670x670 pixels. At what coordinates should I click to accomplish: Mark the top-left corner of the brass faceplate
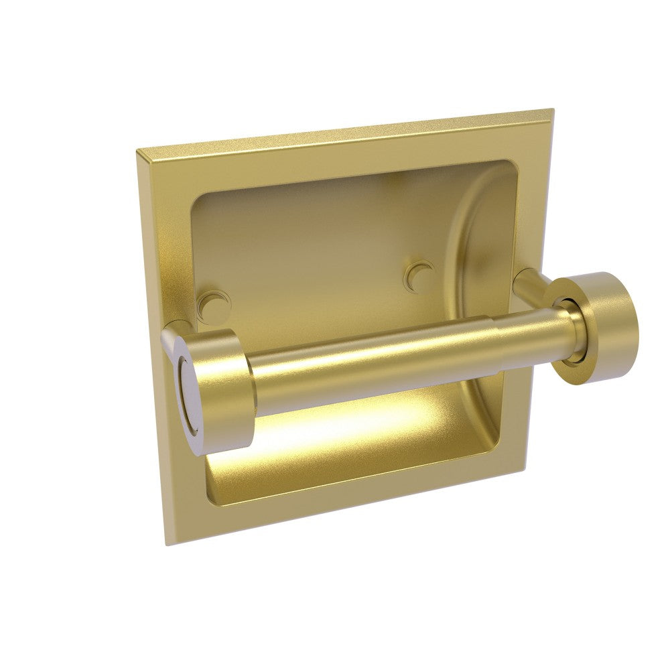point(138,150)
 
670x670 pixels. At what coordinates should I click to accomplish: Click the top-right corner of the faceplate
point(553,110)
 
